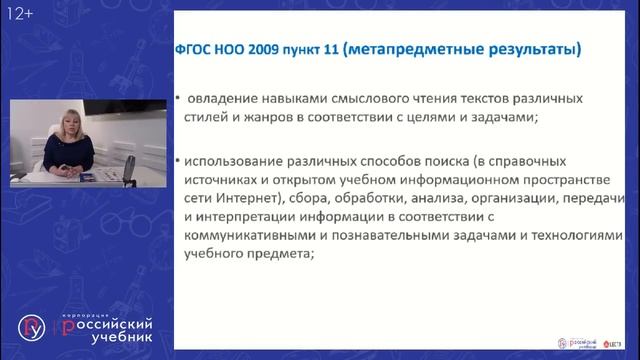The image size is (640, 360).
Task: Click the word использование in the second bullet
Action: point(236,160)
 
